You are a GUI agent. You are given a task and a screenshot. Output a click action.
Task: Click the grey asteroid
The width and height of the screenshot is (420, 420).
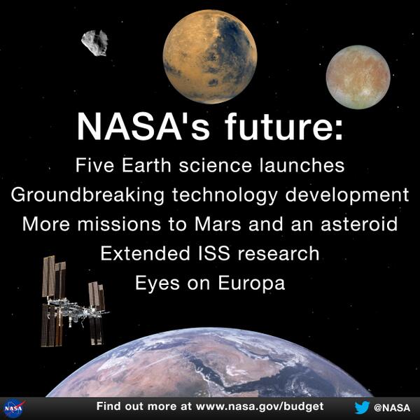click(x=94, y=43)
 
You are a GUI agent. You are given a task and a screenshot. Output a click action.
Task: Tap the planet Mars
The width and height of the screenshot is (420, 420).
click(x=210, y=57)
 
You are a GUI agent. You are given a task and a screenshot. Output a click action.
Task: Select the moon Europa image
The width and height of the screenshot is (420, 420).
click(x=358, y=77)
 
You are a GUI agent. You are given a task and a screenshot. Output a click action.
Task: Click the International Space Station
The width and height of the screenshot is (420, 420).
click(x=73, y=301)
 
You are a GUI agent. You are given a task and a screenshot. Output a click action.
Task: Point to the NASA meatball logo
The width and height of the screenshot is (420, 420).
click(x=15, y=409)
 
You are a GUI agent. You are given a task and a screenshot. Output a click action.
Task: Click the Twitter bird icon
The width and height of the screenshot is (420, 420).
click(x=362, y=407)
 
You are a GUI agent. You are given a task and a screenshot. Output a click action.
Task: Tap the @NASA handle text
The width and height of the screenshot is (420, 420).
click(x=392, y=407)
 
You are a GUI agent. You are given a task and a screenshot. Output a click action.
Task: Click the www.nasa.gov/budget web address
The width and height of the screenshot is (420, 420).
click(x=260, y=406)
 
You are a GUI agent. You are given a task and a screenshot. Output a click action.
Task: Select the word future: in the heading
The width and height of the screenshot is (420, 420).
click(x=284, y=126)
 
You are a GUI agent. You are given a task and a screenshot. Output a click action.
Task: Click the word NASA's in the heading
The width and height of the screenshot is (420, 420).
click(x=143, y=126)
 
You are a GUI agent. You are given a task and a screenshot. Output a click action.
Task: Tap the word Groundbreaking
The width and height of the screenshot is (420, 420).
click(x=87, y=195)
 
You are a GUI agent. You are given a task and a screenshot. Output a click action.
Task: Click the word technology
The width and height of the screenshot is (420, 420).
click(x=225, y=195)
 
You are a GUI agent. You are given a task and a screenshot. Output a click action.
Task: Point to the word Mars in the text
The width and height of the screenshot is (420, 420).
click(x=218, y=224)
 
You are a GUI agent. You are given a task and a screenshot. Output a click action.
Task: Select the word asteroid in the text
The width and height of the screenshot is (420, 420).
click(x=359, y=224)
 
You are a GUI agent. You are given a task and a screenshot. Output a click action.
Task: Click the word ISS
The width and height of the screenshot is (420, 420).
click(x=214, y=253)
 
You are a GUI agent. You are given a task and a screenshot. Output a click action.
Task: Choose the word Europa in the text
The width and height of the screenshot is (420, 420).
click(x=251, y=283)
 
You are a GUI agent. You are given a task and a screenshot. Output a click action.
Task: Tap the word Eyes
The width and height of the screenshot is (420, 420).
click(x=157, y=283)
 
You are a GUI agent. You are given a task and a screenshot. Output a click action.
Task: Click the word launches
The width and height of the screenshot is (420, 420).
click(x=302, y=165)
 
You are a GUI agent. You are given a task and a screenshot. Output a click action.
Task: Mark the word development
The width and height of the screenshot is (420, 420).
click(x=347, y=195)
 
